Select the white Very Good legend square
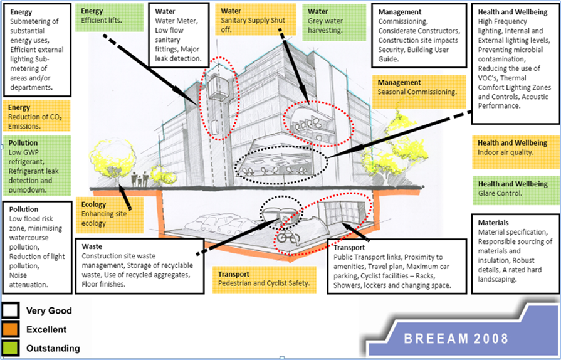[11, 310]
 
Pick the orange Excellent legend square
[11, 329]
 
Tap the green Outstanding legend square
[11, 348]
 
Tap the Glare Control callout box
[513, 189]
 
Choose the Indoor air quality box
[513, 148]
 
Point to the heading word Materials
[493, 223]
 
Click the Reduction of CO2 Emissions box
[36, 113]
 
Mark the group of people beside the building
[141, 179]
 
